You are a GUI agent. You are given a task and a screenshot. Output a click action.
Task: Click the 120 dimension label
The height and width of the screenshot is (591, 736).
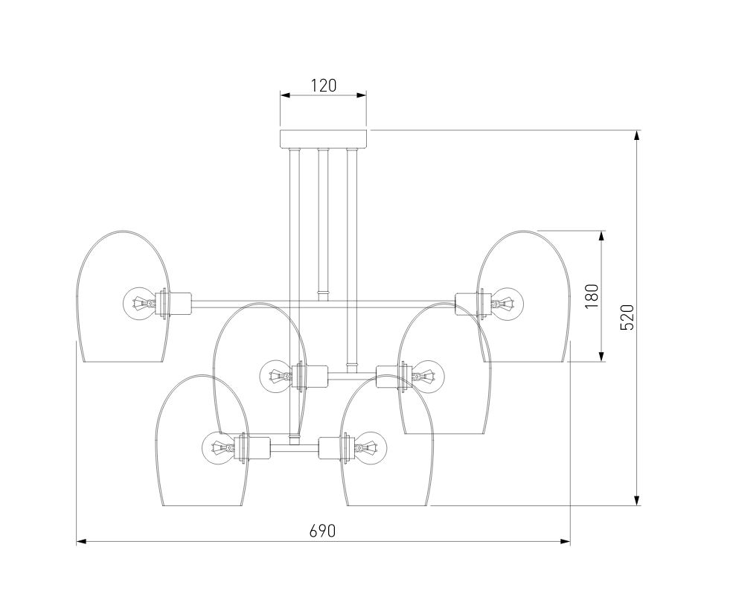[324, 86]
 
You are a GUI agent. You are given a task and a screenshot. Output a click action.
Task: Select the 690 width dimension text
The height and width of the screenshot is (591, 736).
[323, 531]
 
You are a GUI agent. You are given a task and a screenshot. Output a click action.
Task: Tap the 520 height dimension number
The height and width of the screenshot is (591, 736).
[627, 317]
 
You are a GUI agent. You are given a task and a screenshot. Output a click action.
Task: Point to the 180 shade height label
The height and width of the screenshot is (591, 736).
[592, 296]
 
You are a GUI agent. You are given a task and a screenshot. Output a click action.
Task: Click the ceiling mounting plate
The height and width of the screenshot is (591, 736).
[324, 139]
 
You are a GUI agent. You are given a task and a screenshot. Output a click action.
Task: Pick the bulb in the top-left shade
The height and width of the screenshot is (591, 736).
[139, 304]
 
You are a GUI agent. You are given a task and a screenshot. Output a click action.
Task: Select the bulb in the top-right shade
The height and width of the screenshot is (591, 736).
[507, 304]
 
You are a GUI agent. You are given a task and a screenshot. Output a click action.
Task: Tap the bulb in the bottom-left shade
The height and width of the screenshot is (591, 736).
[218, 448]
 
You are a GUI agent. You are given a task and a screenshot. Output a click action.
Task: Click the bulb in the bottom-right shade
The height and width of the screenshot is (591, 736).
[371, 448]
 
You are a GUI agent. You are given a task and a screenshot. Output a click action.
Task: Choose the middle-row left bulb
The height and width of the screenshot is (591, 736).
[276, 376]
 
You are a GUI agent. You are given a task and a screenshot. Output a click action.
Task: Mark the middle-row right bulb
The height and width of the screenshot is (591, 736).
[428, 376]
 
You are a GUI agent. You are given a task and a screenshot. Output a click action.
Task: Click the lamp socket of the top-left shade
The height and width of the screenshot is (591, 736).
[173, 304]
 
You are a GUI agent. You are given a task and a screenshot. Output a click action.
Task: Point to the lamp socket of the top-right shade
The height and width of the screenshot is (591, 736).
[473, 304]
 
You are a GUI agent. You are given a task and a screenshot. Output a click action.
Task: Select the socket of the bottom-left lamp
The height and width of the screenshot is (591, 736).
[252, 448]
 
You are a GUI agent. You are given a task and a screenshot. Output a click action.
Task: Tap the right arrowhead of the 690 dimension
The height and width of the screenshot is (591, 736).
[565, 541]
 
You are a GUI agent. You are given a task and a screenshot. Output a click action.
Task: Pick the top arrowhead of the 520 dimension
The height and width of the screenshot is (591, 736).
[637, 135]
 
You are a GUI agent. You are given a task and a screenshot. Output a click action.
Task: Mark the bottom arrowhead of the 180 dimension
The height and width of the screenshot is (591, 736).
[601, 357]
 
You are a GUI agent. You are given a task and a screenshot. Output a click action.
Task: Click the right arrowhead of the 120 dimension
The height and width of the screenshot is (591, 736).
[361, 95]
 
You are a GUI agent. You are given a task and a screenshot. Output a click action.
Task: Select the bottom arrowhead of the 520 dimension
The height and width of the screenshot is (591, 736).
[637, 500]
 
